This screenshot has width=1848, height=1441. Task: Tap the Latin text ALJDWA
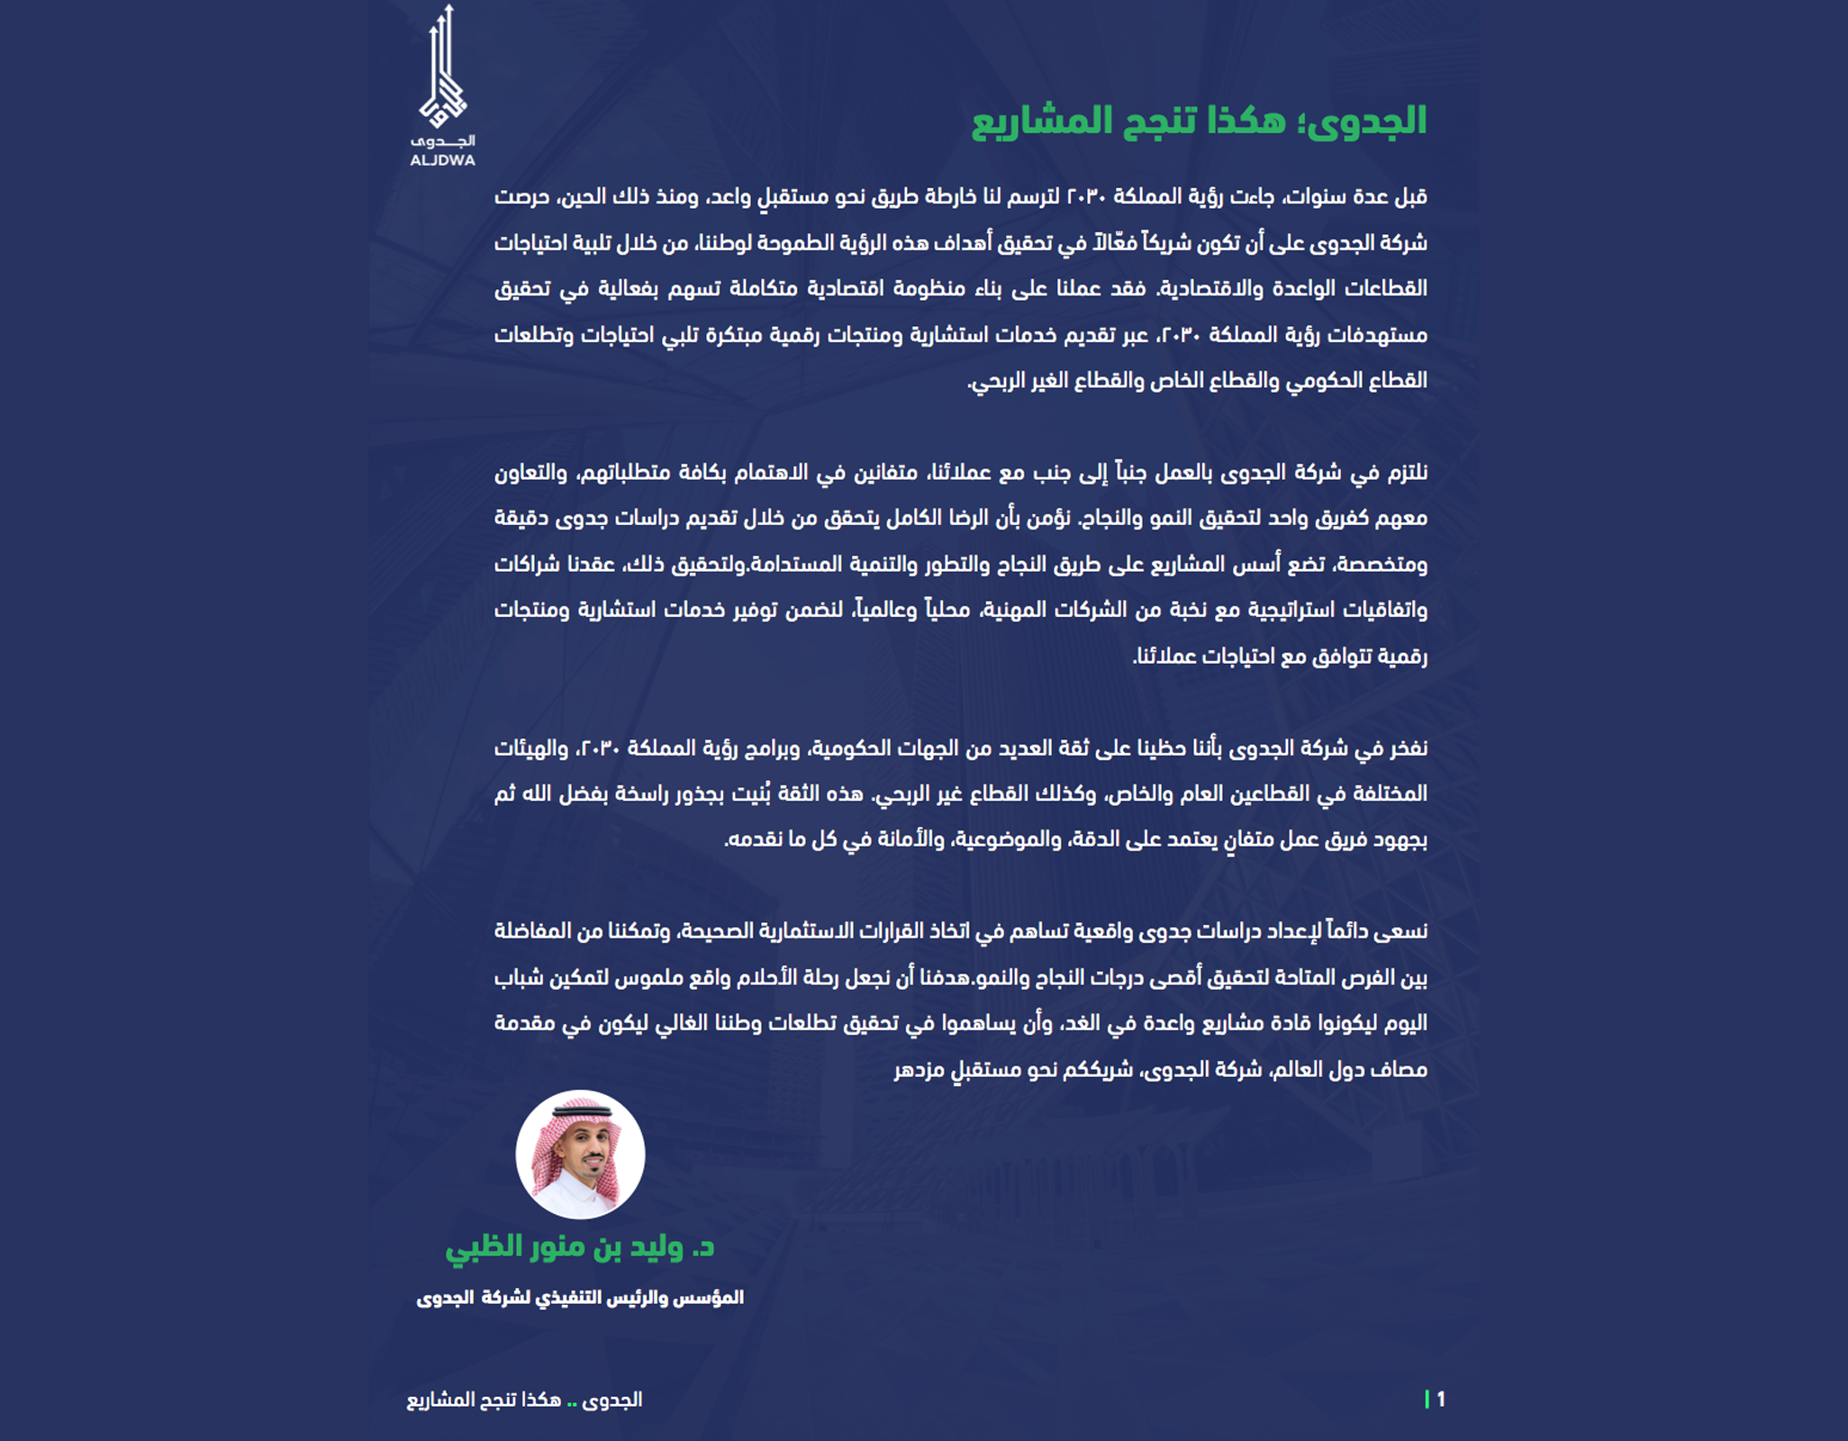pyautogui.click(x=442, y=161)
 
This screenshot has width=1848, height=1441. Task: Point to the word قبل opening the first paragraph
pyautogui.click(x=1410, y=197)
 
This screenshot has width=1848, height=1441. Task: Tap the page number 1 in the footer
pyautogui.click(x=1441, y=1399)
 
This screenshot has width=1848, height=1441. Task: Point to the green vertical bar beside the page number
pyautogui.click(x=1427, y=1399)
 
